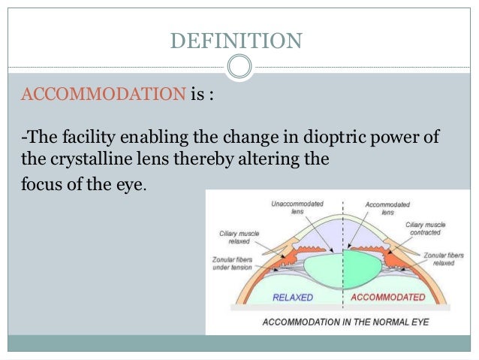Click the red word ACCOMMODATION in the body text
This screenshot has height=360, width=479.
[x=104, y=96]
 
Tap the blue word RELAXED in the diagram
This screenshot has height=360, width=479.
[x=294, y=298]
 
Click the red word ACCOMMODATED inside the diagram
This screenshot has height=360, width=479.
[x=390, y=298]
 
